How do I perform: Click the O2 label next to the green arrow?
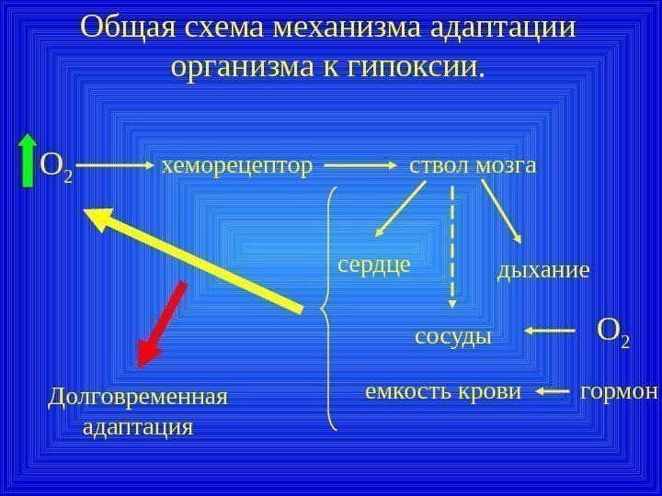[57, 167]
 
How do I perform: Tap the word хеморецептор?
[237, 166]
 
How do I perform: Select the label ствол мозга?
[472, 166]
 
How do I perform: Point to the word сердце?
[373, 265]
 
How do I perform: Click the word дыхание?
[542, 271]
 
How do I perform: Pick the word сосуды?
[454, 335]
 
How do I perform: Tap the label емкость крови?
[443, 392]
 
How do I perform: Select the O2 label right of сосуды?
[613, 333]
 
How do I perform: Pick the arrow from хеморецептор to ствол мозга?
[360, 166]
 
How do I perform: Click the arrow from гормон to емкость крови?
[552, 392]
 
